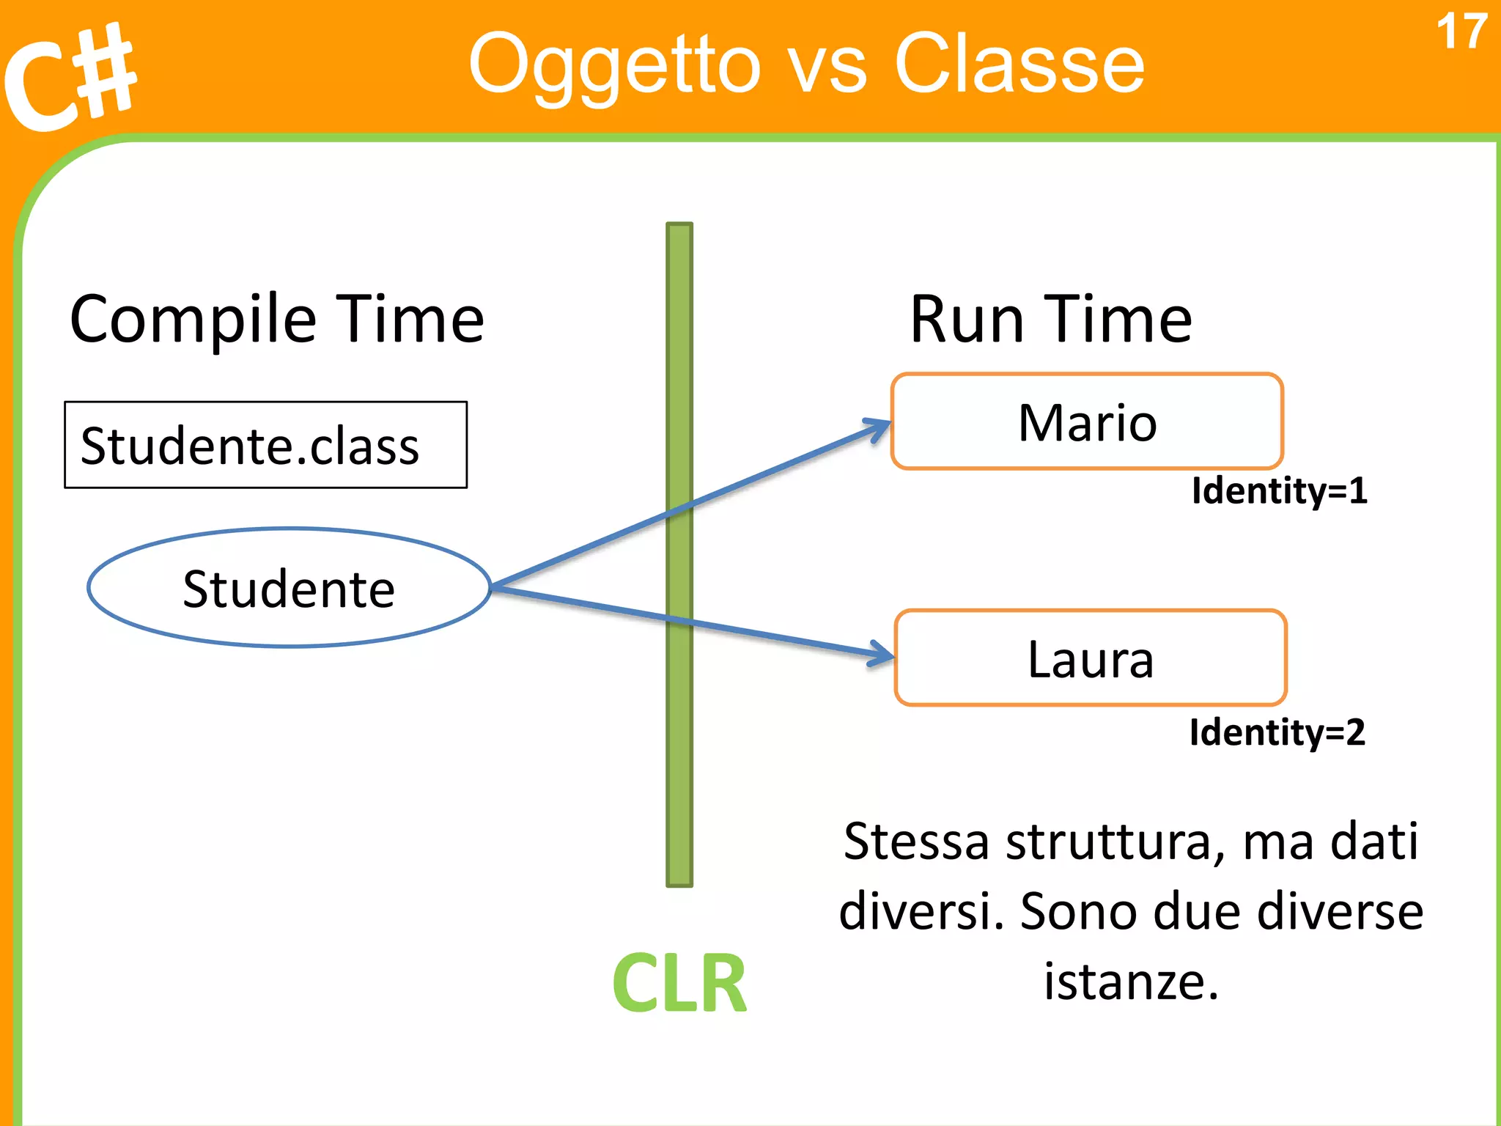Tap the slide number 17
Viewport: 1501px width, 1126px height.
tap(1461, 32)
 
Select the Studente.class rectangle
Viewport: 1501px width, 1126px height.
tap(265, 445)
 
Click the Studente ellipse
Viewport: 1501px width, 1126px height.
tap(289, 588)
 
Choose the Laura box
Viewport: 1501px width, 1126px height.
tap(1091, 658)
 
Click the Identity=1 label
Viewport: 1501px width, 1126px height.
tap(1279, 490)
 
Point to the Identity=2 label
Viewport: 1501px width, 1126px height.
tap(1277, 732)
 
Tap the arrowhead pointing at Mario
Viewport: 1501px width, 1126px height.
tap(880, 427)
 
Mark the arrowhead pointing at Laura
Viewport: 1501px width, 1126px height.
tap(883, 652)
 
